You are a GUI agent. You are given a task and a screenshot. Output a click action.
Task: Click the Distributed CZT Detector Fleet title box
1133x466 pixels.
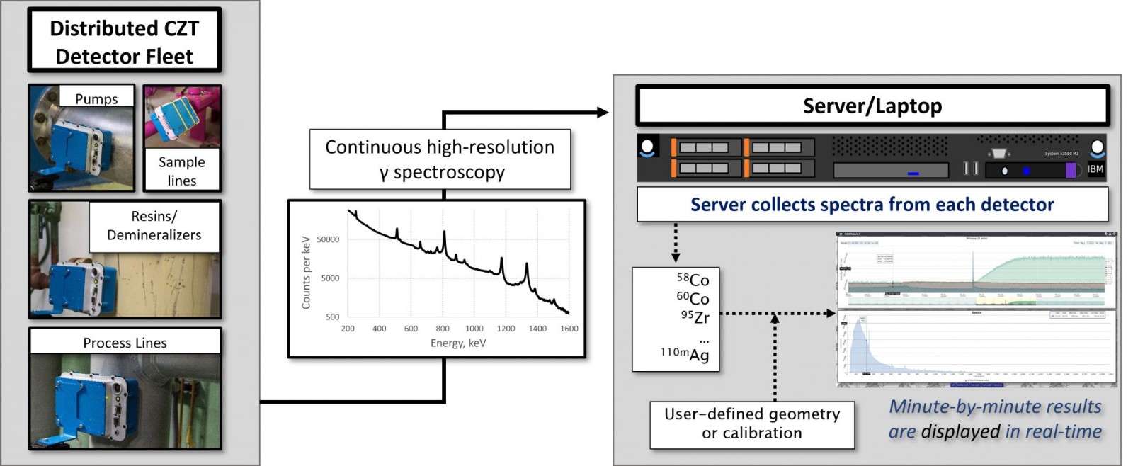click(x=124, y=41)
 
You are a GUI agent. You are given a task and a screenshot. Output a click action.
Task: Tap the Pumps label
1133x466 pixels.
click(x=96, y=98)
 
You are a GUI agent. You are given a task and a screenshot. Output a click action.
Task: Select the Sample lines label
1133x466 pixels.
click(x=182, y=171)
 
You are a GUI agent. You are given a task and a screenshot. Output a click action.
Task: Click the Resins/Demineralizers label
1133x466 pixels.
click(x=154, y=225)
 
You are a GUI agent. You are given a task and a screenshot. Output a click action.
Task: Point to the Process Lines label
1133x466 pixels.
click(x=125, y=343)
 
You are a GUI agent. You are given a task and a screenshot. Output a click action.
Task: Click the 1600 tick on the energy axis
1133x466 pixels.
click(x=569, y=329)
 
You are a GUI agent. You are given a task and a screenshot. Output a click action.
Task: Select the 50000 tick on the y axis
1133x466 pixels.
click(x=328, y=239)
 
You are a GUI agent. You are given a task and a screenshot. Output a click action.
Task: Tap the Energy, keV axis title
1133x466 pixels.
click(x=458, y=343)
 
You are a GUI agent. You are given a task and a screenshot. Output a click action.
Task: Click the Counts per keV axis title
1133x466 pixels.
click(x=307, y=273)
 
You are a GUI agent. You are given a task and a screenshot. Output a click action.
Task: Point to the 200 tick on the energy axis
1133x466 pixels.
click(x=348, y=329)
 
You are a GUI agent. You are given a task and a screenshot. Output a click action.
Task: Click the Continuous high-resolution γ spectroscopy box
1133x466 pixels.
click(x=440, y=159)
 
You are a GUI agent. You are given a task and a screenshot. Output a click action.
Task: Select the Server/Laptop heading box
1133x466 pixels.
click(x=872, y=106)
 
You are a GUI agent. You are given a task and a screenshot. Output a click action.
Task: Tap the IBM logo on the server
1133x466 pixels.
click(x=1095, y=169)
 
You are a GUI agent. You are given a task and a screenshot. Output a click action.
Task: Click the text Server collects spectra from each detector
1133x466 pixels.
click(x=872, y=205)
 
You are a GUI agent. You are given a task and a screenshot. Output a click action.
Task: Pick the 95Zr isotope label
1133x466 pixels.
click(x=695, y=317)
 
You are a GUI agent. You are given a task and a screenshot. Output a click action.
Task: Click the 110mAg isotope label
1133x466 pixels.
click(x=685, y=354)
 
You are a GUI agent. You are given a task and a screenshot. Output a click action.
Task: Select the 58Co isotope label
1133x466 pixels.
click(x=693, y=280)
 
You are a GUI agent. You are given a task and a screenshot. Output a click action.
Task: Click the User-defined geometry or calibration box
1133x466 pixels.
click(x=752, y=424)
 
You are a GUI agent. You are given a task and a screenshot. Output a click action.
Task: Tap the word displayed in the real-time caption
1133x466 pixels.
click(x=960, y=431)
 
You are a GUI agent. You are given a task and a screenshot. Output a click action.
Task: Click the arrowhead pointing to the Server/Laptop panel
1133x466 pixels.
click(x=603, y=112)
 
